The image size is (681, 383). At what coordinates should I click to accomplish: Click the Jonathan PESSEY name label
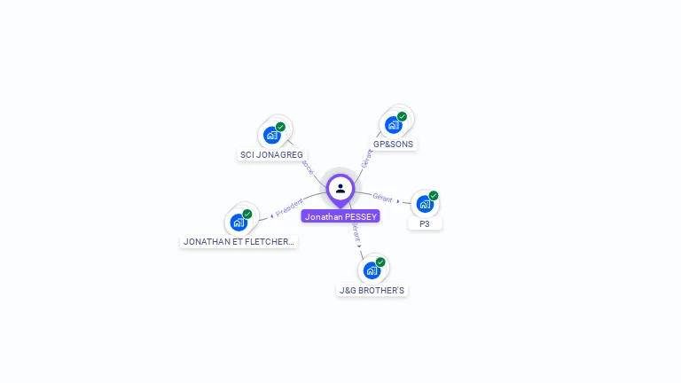pos(340,216)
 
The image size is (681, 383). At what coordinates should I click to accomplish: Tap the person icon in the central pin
pos(340,188)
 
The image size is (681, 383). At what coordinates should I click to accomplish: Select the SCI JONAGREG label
pos(271,154)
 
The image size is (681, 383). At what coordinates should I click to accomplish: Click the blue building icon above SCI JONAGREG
pos(272,136)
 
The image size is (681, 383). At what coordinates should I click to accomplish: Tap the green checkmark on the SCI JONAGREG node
pos(280,127)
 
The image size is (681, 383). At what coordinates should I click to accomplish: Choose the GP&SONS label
pos(393,144)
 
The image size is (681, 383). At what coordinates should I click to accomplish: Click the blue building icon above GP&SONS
pos(394,125)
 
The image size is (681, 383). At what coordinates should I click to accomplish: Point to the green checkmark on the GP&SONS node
pos(402,116)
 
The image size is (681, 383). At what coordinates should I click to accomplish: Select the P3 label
pos(425,224)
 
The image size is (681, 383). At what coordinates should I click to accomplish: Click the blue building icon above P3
pos(425,204)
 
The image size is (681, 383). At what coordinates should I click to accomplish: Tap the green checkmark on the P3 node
pos(434,196)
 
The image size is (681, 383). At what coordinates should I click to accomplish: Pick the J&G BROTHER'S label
pos(372,290)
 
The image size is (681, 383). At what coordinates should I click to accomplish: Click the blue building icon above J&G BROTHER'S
pos(372,270)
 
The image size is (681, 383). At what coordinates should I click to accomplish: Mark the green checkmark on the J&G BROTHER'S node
pos(380,262)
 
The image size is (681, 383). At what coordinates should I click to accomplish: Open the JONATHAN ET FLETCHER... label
pos(239,241)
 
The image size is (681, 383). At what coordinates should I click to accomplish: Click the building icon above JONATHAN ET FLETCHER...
pos(239,222)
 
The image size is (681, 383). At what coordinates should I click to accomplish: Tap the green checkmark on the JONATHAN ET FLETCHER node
pos(247,214)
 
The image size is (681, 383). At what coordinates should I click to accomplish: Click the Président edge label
pos(289,207)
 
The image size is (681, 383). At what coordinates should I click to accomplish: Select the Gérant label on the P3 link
pos(382,198)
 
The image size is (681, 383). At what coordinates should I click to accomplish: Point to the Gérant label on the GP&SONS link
pos(367,158)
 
